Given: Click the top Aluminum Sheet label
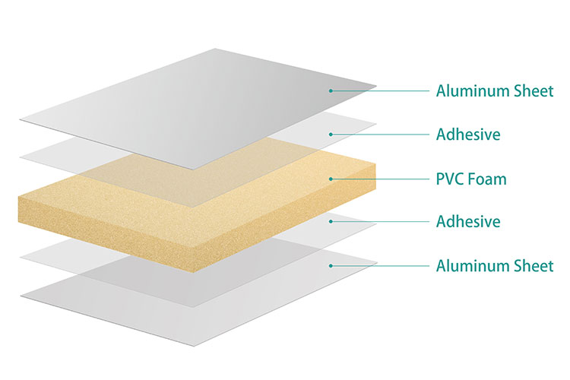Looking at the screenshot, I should coord(495,91).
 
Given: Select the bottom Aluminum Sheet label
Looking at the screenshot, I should coord(495,266).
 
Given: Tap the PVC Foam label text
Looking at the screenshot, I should coord(470,179).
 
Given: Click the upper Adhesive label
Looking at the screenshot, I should coord(468,135).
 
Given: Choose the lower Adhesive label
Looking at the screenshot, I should coord(468,222).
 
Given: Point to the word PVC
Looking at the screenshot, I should coord(451,179).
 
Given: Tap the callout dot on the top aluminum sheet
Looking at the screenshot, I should coord(331,91).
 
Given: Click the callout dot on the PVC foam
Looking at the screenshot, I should coord(331,179).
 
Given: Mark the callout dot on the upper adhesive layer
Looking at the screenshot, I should coord(331,135).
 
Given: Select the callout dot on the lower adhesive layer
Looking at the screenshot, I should coord(331,222).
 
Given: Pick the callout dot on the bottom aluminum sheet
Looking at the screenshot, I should coord(331,265).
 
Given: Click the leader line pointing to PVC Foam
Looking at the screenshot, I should coord(380,179).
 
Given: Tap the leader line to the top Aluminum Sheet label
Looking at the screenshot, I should coord(380,91).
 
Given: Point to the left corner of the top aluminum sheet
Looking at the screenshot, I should coord(22,119).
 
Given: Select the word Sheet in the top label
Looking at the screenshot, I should coord(532,91).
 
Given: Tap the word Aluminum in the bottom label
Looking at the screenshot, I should coord(471,266).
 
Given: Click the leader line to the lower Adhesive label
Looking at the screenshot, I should coord(380,222).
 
